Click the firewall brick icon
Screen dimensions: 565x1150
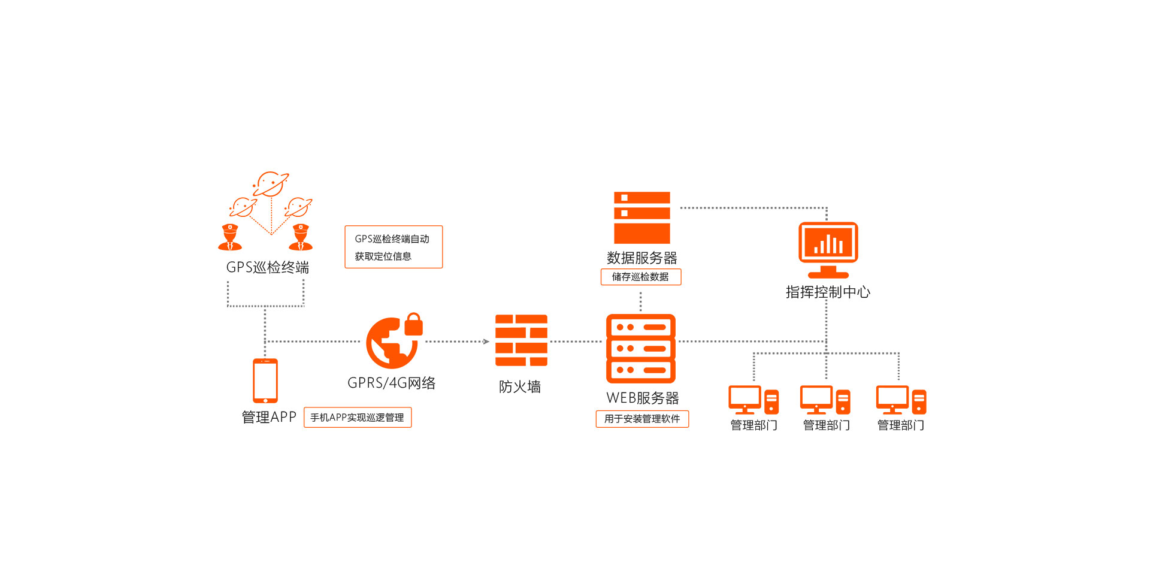click(521, 340)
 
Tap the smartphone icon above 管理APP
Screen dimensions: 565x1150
click(265, 380)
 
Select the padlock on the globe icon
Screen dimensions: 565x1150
click(413, 324)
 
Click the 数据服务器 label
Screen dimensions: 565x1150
click(641, 258)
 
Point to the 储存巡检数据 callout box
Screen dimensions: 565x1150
click(641, 277)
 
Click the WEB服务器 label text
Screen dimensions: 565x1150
click(642, 398)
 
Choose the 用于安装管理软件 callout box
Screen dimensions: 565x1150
click(642, 419)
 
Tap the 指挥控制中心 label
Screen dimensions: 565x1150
click(828, 292)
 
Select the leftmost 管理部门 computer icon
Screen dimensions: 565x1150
click(753, 400)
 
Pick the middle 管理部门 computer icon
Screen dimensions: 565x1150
click(825, 400)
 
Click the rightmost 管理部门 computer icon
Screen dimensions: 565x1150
click(900, 400)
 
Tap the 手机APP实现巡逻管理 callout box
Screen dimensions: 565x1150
click(358, 418)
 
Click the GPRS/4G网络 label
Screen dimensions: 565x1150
click(392, 383)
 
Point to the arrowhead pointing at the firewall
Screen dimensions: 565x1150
click(486, 342)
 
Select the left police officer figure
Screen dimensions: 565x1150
click(230, 237)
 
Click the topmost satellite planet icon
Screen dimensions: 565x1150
click(271, 184)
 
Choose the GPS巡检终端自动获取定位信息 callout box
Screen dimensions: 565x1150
click(394, 247)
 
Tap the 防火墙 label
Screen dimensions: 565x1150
click(520, 387)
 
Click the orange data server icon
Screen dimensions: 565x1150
click(641, 217)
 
